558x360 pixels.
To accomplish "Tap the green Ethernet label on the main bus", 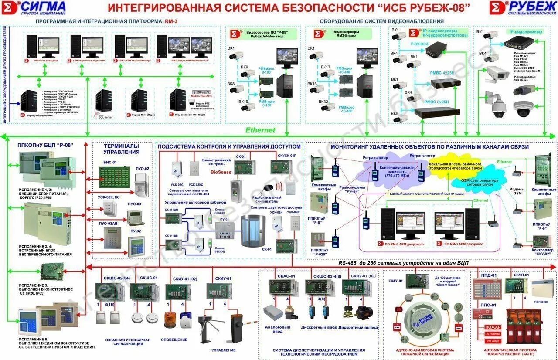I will point(260,130).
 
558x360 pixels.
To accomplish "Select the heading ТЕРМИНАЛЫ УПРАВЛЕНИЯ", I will point(122,149).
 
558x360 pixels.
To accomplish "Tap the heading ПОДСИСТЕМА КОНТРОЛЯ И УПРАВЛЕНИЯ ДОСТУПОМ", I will point(229,146).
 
